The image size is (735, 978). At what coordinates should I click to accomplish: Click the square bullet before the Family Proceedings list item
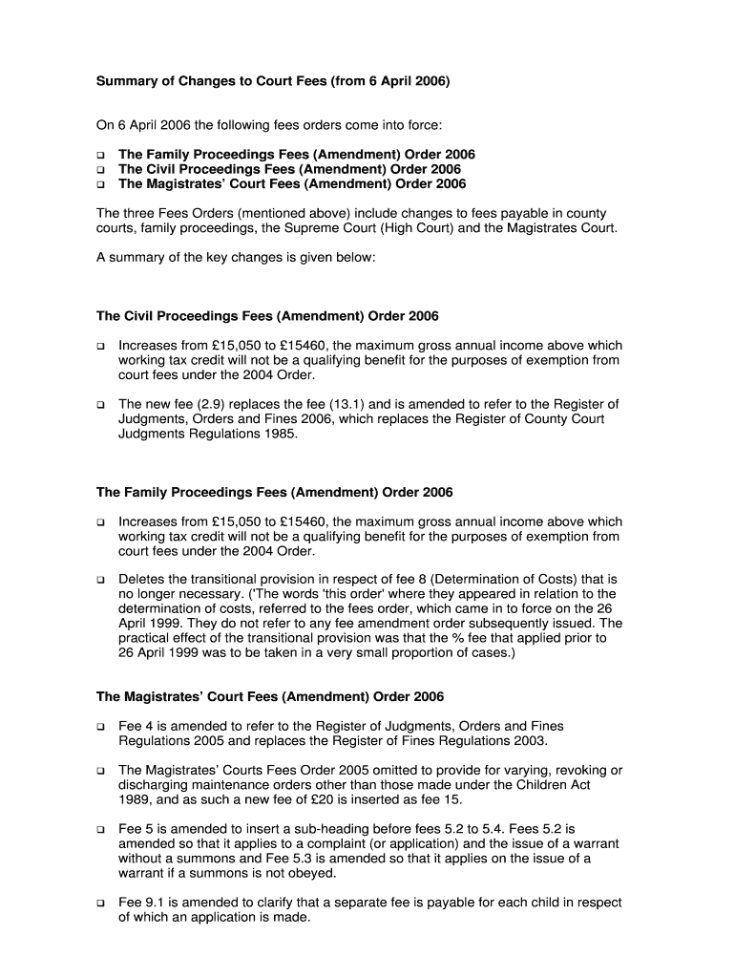(100, 155)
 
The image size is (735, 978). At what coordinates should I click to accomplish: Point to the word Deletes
(143, 579)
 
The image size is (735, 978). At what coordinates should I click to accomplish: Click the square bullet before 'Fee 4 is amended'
(100, 727)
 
